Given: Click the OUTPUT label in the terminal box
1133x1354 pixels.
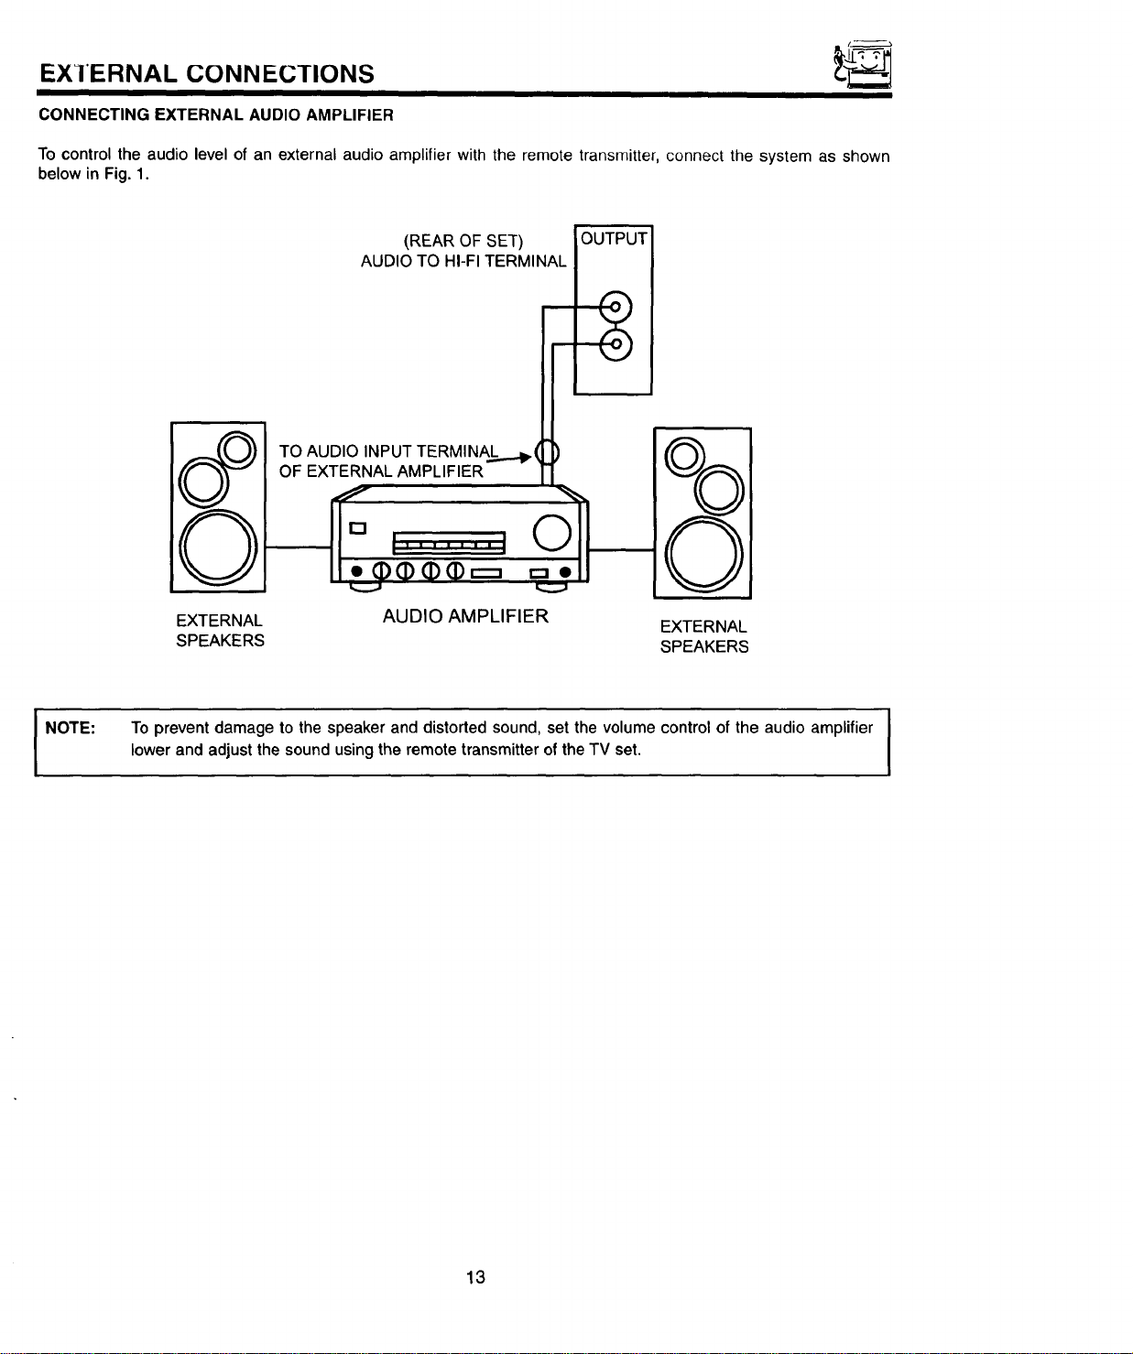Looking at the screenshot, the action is [614, 239].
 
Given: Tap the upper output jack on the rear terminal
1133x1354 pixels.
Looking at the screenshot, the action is [616, 307].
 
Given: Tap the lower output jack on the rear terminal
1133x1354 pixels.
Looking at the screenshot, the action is [616, 344].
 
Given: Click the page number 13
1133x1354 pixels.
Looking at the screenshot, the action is [475, 1277].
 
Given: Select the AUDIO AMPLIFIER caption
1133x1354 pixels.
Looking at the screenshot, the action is [465, 616].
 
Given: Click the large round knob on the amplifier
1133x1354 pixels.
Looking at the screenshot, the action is [552, 533].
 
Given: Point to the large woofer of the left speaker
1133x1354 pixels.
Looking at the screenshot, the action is [218, 547].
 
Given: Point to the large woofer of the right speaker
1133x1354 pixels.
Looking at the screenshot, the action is [703, 555].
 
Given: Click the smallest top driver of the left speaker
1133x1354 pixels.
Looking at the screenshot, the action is [237, 450].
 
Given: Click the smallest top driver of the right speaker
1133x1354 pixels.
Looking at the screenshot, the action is [684, 457].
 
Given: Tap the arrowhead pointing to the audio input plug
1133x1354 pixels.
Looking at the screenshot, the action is [527, 458].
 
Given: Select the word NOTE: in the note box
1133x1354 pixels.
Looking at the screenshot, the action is [71, 728].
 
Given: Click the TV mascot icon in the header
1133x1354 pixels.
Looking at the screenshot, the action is [864, 63].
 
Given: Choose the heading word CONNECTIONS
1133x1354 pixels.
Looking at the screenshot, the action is [280, 74].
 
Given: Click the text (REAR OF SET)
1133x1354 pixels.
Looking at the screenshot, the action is [463, 242].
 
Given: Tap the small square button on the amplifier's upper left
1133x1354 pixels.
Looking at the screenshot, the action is [357, 528].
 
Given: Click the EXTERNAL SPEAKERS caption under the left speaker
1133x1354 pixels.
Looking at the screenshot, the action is [220, 630].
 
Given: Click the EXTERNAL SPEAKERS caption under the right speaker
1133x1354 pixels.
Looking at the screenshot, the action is [704, 636].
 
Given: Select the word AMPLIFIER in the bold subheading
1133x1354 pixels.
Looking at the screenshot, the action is [350, 115].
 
